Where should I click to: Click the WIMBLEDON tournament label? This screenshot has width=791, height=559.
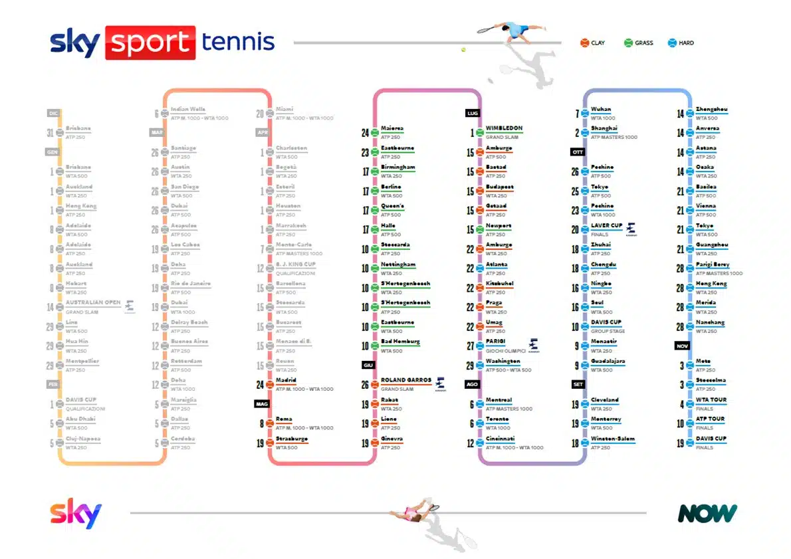[x=504, y=128]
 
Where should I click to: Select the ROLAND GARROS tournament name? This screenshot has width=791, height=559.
[x=405, y=380]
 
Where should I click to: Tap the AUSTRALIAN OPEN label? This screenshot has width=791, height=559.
[x=93, y=302]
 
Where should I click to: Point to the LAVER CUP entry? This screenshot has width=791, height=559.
[x=606, y=225]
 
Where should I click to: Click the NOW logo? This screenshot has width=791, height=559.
[x=707, y=513]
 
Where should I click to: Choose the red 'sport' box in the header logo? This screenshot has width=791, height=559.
[x=150, y=43]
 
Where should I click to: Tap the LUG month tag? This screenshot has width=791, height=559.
[x=473, y=113]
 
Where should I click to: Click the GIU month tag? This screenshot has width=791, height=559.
[x=368, y=365]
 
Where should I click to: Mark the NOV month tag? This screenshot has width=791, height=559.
[x=682, y=346]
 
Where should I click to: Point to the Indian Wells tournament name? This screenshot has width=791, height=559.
[x=187, y=109]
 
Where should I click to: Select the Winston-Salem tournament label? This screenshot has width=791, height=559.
[x=613, y=439]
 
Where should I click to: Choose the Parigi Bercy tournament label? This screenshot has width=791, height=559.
[x=712, y=264]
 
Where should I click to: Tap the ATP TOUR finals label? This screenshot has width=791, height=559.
[x=711, y=419]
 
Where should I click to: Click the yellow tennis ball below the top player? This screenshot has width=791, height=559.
[x=463, y=49]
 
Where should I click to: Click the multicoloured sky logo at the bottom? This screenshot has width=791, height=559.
[x=76, y=513]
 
